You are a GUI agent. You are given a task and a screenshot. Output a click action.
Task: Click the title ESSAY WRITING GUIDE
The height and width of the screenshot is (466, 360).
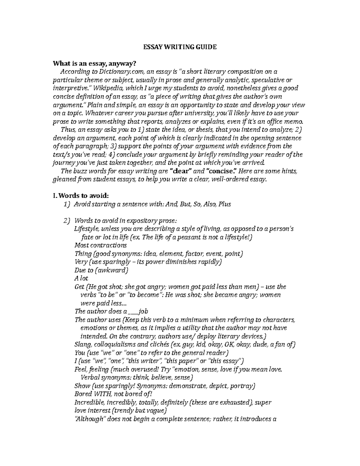coord(179,47)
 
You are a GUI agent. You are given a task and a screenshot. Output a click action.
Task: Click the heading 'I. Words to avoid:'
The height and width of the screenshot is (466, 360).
coord(80,196)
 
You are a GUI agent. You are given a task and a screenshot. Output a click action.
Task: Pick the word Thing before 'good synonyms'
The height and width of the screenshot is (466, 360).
coord(83,254)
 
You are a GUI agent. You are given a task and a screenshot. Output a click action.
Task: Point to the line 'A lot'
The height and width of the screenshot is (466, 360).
coord(81,278)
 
